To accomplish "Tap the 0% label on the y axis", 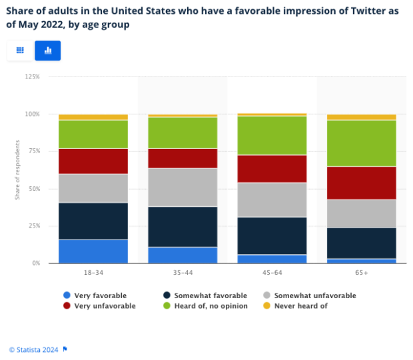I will tap(37, 264).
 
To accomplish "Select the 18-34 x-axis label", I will tap(93, 272).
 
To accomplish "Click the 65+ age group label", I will tap(361, 272).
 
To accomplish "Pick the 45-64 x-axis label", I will tap(272, 272).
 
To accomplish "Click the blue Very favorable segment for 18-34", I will tap(93, 252).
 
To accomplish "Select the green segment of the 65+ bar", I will tap(361, 143).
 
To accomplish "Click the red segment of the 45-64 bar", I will tap(272, 168).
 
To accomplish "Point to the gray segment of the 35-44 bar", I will tap(182, 187).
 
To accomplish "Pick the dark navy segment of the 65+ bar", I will tap(361, 243).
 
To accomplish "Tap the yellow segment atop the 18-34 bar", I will tap(93, 117).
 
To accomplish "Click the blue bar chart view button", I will tap(48, 51).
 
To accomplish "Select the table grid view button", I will tap(20, 51).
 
